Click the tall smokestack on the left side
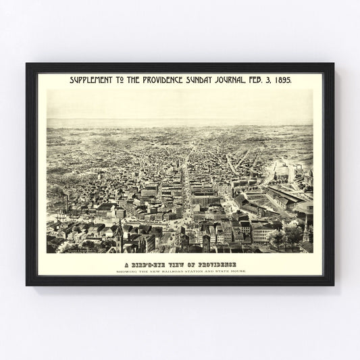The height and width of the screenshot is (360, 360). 66,201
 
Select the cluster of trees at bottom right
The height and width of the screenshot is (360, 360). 287,236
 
